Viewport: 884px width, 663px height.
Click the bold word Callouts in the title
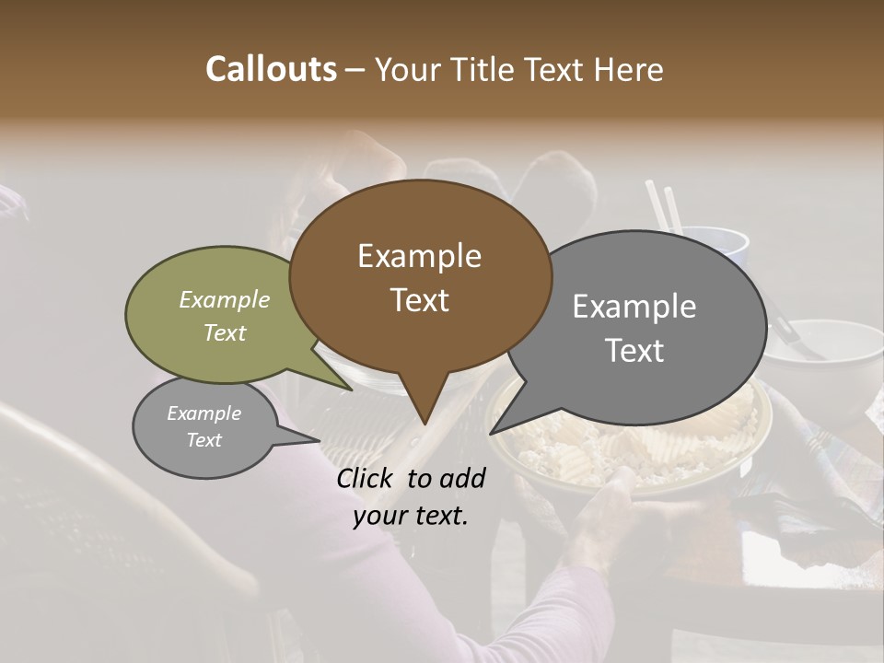[271, 69]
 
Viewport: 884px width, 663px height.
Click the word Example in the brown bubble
[419, 256]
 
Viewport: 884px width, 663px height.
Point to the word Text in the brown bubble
[419, 300]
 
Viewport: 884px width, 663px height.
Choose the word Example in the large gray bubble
[634, 307]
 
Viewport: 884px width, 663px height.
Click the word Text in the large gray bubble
[634, 351]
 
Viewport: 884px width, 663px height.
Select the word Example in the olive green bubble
[225, 299]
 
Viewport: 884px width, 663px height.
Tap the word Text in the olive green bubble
[225, 332]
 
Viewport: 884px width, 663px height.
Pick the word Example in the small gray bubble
[204, 413]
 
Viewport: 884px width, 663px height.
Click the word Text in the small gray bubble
[204, 440]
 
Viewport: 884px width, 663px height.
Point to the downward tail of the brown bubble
[425, 410]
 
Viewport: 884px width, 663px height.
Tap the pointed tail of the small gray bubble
[304, 439]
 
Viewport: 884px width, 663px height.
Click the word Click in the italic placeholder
[366, 478]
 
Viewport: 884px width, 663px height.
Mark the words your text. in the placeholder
[411, 516]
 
